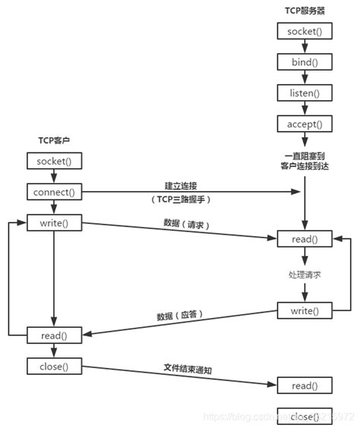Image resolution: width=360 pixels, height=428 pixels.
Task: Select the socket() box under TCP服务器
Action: (x=304, y=33)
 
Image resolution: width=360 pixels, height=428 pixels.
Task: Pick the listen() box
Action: (x=304, y=93)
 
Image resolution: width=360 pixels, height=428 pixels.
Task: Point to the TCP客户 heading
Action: (x=54, y=141)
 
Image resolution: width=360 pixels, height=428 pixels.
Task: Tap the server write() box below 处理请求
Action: (x=304, y=310)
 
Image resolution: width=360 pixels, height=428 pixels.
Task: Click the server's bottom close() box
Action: (x=304, y=416)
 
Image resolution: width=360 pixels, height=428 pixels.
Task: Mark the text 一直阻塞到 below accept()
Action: (x=304, y=154)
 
